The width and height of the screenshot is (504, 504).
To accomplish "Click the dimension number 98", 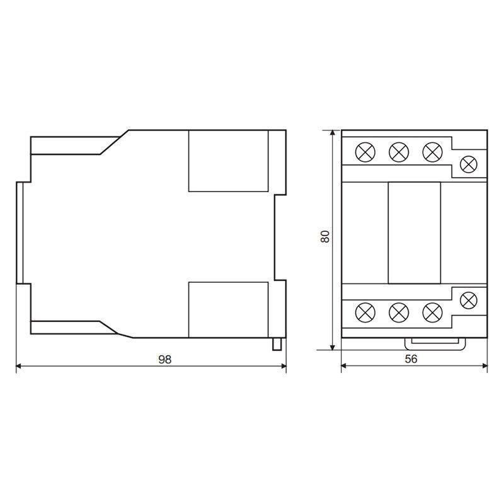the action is [165, 359].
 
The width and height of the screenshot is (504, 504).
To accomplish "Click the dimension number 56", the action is [411, 358].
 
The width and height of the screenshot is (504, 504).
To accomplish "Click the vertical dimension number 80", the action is [325, 236].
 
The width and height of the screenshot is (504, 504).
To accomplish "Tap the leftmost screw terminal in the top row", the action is [365, 152].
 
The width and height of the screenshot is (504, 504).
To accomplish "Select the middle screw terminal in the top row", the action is [399, 152].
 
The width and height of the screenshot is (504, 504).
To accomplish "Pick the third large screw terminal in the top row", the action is [432, 152].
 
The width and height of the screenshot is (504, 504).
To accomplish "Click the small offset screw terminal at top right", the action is [469, 164].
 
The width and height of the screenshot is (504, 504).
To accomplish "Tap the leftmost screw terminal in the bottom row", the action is [365, 312].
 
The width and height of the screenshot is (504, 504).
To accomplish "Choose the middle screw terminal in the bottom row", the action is [399, 312].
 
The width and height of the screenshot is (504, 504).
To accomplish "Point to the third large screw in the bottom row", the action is [432, 312].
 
